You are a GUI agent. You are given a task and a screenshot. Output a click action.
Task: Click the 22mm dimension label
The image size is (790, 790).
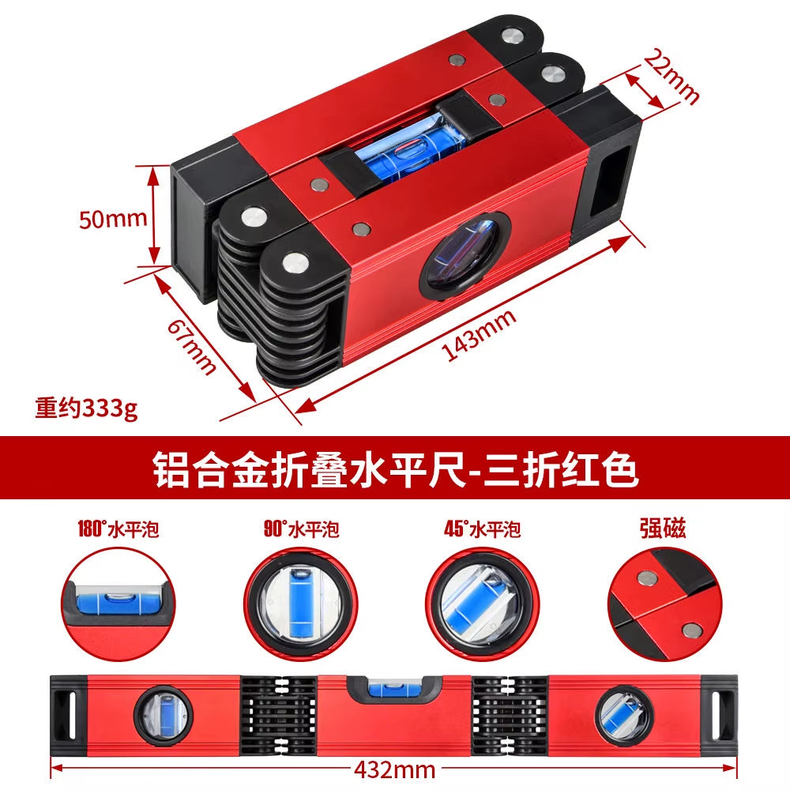pyautogui.click(x=672, y=76)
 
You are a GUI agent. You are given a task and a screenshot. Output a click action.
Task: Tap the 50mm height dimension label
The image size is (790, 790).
pyautogui.click(x=113, y=218)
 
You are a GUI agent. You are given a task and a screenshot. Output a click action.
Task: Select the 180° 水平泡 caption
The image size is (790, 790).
pyautogui.click(x=118, y=529)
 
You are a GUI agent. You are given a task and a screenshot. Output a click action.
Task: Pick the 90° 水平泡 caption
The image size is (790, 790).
pyautogui.click(x=301, y=529)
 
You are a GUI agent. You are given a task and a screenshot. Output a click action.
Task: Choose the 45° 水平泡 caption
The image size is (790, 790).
pyautogui.click(x=482, y=529)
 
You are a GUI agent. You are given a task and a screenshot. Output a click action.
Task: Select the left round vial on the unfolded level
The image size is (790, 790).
pyautogui.click(x=163, y=714)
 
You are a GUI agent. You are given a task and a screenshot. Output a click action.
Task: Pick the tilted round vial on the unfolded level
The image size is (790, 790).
pyautogui.click(x=623, y=716)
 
